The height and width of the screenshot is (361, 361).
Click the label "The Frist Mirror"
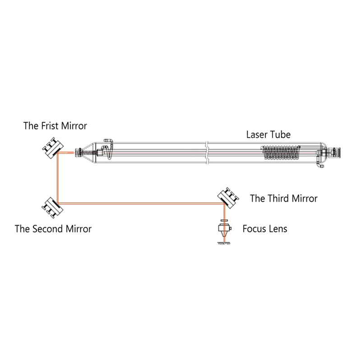pyautogui.click(x=55, y=126)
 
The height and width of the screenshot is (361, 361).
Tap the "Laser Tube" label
pyautogui.click(x=268, y=134)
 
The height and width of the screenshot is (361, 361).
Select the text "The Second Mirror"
pyautogui.click(x=53, y=229)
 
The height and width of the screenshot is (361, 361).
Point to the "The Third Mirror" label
pyautogui.click(x=283, y=199)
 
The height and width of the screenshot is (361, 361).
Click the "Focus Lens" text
pyautogui.click(x=264, y=229)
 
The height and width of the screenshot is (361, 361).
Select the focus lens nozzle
pyautogui.click(x=222, y=230)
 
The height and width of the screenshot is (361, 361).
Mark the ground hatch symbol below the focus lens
pyautogui.click(x=222, y=244)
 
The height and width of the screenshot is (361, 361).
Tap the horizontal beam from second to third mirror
pyautogui.click(x=140, y=203)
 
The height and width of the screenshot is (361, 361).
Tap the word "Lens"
pyautogui.click(x=278, y=229)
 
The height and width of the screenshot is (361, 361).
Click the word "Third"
pyautogui.click(x=278, y=199)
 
